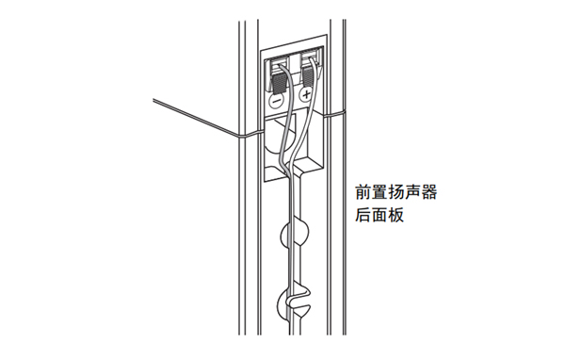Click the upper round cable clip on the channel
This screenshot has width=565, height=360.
295,233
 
